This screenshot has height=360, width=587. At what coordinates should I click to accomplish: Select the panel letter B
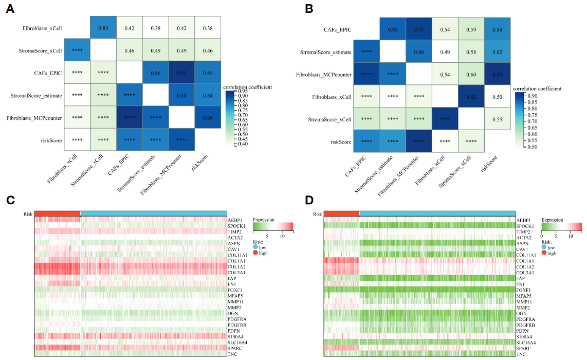(x=309, y=9)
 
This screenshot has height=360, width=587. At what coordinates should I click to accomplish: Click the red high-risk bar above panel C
(x=58, y=213)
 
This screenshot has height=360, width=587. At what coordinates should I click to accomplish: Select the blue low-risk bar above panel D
(x=436, y=213)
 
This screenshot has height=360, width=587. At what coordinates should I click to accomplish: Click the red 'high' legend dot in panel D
(x=545, y=253)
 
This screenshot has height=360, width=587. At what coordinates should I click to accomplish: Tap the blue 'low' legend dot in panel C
(x=256, y=247)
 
